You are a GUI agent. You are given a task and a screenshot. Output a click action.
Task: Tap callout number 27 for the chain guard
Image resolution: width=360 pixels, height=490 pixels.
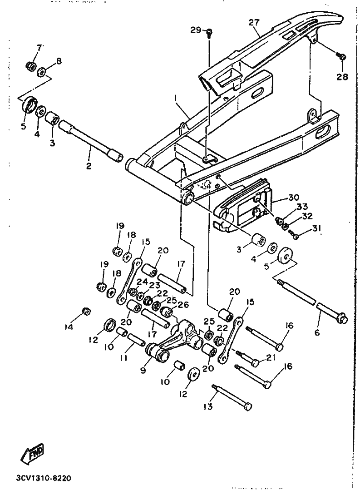pos(254,23)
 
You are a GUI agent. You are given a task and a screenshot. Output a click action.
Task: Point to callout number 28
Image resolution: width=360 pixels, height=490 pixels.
pos(342,77)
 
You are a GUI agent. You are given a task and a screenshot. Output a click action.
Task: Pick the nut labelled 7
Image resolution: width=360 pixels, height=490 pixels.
pos(30,66)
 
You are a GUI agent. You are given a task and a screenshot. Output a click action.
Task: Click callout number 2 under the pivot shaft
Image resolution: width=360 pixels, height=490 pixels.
pos(89,166)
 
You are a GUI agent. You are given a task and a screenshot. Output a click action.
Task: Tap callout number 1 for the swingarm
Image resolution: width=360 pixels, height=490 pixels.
pos(176,98)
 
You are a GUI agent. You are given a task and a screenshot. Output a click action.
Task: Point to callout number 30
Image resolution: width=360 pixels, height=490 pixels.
pos(293,198)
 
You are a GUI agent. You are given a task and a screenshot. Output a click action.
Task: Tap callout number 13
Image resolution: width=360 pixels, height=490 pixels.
pos(208,406)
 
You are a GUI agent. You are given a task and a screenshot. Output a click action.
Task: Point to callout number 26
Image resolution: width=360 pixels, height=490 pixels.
pos(183,304)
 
